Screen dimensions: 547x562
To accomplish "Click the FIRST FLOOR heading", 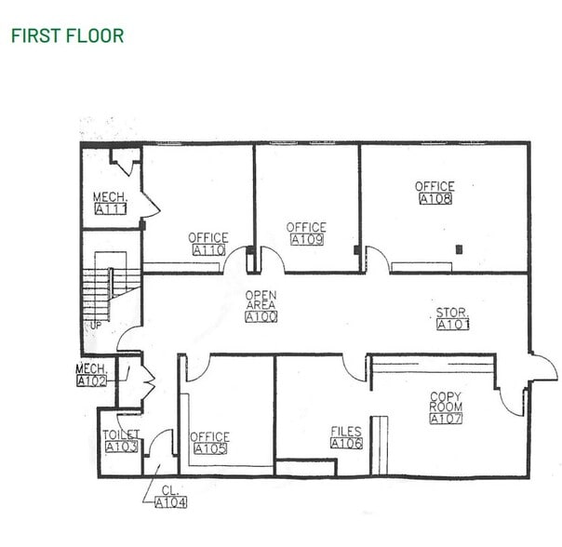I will tap(66, 36).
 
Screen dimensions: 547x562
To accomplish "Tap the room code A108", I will tap(435, 199).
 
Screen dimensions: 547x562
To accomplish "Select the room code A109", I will tap(306, 240).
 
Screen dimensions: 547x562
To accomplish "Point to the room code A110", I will tap(207, 250).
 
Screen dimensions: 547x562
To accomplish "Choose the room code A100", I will tap(261, 317).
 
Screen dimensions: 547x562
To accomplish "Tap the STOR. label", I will tap(453, 313).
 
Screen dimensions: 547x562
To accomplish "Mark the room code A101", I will tap(453, 325).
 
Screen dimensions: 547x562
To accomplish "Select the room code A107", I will tap(446, 419).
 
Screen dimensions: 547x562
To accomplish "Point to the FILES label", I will tap(346, 432).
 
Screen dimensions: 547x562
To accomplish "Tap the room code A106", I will tap(346, 443).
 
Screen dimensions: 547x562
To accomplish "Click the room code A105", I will tap(209, 449).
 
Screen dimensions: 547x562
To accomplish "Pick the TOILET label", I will tap(121, 434).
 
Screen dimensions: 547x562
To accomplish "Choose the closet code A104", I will tap(170, 503).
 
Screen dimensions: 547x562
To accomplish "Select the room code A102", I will tap(91, 380).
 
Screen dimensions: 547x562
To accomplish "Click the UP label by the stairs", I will tap(95, 326).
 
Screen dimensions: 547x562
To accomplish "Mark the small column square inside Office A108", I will tap(458, 248).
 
